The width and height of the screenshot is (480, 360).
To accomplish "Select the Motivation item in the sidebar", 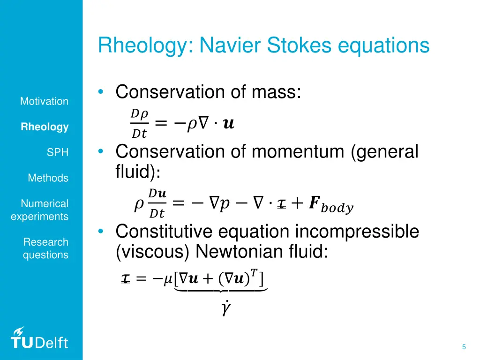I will (44, 101).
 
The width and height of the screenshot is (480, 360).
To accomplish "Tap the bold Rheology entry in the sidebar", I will (45, 127).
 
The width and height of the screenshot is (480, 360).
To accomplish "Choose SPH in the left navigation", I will (57, 152).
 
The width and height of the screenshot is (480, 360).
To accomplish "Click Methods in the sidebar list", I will (48, 178).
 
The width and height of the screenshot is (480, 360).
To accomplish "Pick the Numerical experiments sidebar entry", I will (40, 210).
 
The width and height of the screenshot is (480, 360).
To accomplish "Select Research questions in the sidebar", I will (45, 248).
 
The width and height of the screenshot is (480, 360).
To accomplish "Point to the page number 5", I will (464, 347).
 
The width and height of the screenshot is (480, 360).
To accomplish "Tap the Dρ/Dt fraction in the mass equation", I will (139, 124).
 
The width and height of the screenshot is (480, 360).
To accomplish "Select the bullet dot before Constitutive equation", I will (101, 232).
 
